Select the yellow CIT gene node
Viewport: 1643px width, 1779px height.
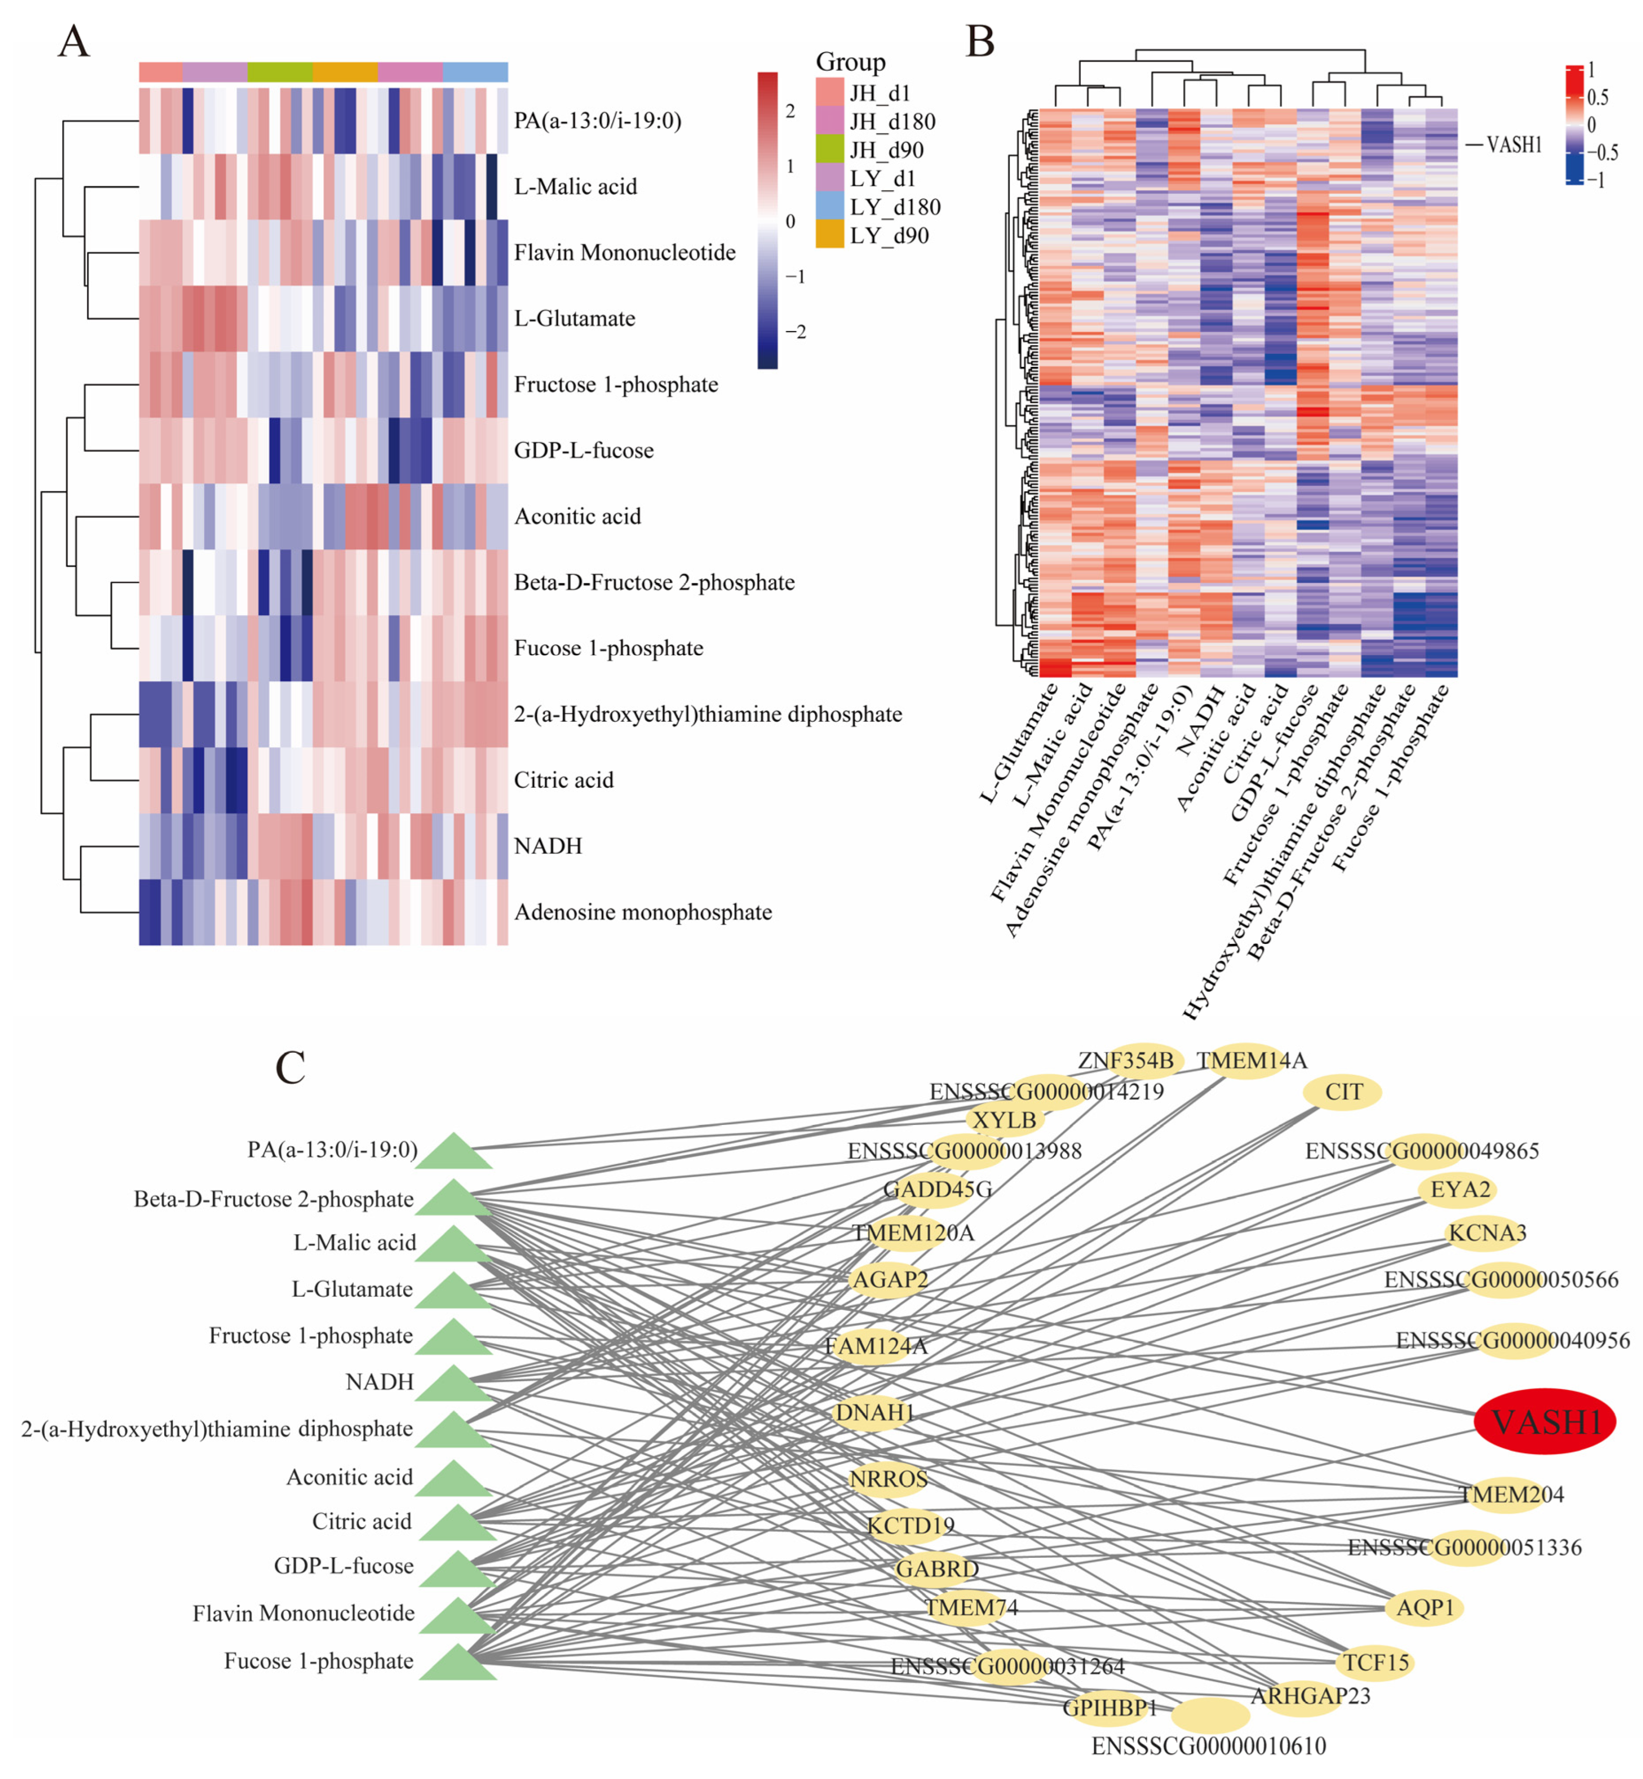pyautogui.click(x=1343, y=1092)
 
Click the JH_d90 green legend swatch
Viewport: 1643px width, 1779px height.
pyautogui.click(x=829, y=149)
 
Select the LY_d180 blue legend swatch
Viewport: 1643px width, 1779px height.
pyautogui.click(x=829, y=206)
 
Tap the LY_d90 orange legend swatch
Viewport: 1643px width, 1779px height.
pyautogui.click(x=829, y=235)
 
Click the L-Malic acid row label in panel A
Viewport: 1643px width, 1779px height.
pyautogui.click(x=575, y=187)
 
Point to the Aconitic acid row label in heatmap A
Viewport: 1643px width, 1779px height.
pyautogui.click(x=577, y=517)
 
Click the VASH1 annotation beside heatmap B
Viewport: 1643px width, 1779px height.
pyautogui.click(x=1513, y=144)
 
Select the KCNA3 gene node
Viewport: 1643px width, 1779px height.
pyautogui.click(x=1487, y=1233)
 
